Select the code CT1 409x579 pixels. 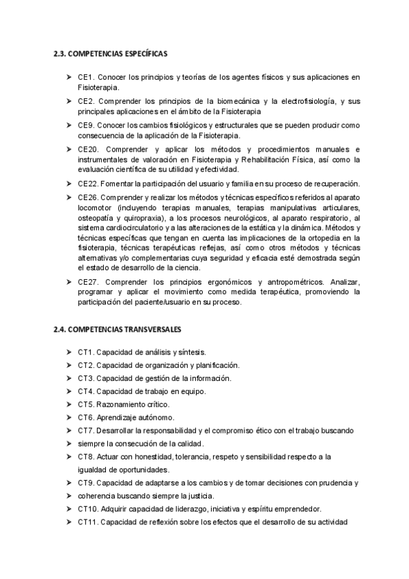(x=85, y=352)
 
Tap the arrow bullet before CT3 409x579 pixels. (x=70, y=378)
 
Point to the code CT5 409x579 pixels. (x=85, y=404)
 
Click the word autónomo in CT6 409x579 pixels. (x=156, y=417)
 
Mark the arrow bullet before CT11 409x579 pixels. (x=70, y=523)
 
